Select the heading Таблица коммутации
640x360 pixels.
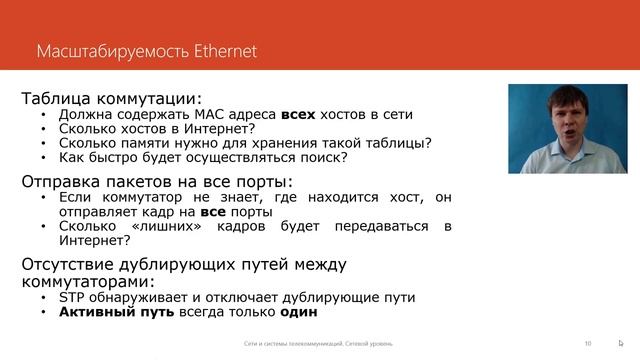111,98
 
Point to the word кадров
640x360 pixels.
262,226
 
